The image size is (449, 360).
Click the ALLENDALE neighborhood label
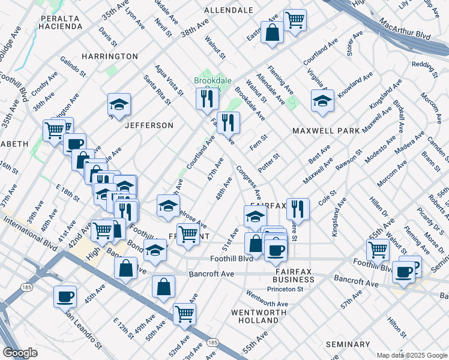(x=228, y=10)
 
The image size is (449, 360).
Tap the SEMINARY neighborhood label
(x=348, y=344)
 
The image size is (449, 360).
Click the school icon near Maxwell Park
(x=322, y=101)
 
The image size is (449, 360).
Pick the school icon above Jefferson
(x=119, y=104)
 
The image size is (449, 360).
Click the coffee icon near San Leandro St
(x=65, y=296)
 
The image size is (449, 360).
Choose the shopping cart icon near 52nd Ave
(x=184, y=314)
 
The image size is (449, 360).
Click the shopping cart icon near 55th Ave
(x=378, y=249)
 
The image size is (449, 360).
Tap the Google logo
(x=20, y=353)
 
